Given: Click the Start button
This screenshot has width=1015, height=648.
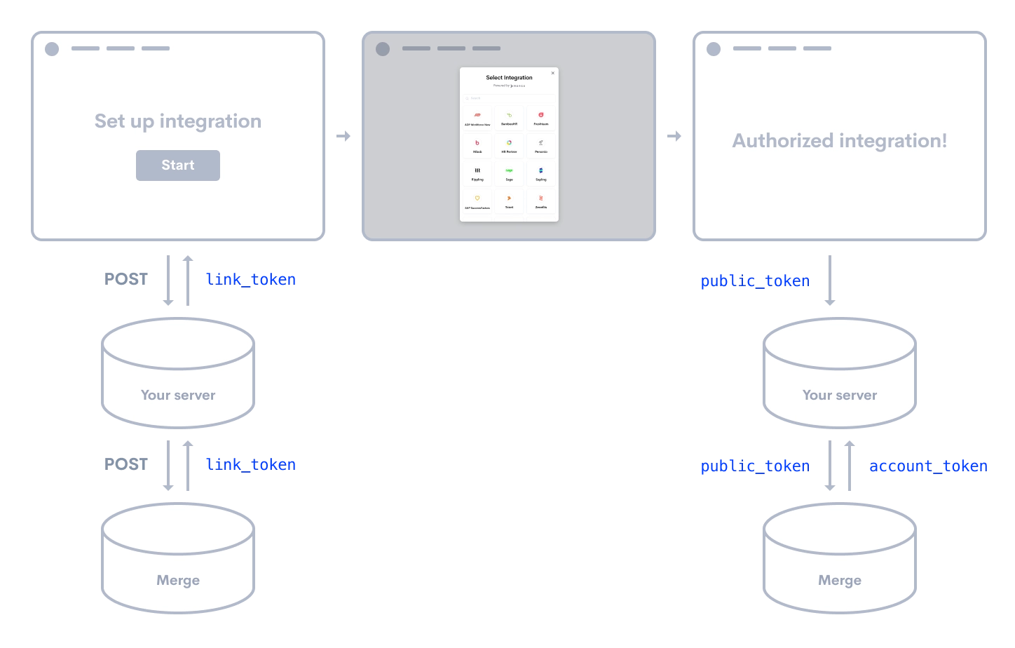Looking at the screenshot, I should point(178,166).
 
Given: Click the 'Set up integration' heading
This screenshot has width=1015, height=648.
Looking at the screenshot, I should point(178,121).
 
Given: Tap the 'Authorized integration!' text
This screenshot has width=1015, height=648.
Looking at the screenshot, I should point(840,141).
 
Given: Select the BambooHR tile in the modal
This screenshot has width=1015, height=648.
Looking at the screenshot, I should point(509,118).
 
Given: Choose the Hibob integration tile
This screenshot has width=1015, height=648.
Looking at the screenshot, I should point(477,146).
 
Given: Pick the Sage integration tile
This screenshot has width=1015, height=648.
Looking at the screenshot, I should point(509,173).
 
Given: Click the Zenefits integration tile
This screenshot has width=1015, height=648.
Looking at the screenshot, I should point(541,201).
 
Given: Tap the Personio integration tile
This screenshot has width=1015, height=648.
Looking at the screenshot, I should point(541,146).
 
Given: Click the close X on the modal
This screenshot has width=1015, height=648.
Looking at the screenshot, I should point(552,73).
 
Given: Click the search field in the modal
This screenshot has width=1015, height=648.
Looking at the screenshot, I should point(509,98).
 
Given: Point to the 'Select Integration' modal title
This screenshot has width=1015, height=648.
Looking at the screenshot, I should point(509,78).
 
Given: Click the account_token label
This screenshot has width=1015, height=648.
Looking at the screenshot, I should point(928,466).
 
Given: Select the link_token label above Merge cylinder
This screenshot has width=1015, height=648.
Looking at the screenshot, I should point(250,464).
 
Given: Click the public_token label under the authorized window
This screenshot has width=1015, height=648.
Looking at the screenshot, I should point(755,281).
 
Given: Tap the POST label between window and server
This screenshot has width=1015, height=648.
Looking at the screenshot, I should point(126,279).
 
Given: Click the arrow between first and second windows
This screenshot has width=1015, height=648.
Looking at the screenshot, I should point(343,136).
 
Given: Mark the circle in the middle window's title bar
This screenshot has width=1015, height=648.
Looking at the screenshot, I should point(383,49).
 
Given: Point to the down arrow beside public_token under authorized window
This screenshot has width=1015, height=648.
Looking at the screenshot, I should point(830,281).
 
